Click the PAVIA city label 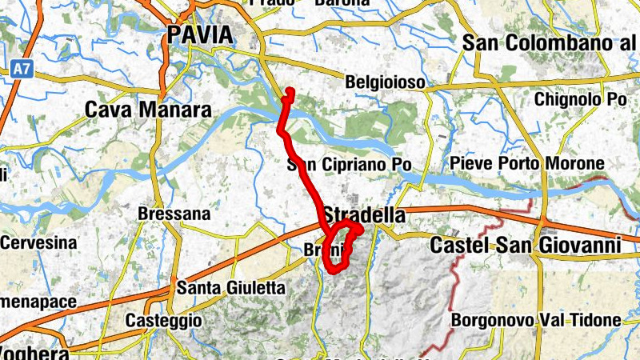click(200, 35)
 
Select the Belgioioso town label click(384, 82)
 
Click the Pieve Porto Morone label click(527, 164)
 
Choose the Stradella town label click(364, 214)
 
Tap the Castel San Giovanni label click(526, 245)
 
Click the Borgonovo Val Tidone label click(536, 320)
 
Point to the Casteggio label click(164, 320)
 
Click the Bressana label click(174, 214)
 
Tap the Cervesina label click(38, 242)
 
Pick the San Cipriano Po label click(350, 166)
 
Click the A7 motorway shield click(22, 70)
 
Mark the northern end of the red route click(290, 91)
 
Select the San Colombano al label click(550, 43)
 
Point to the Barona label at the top click(341, 3)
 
